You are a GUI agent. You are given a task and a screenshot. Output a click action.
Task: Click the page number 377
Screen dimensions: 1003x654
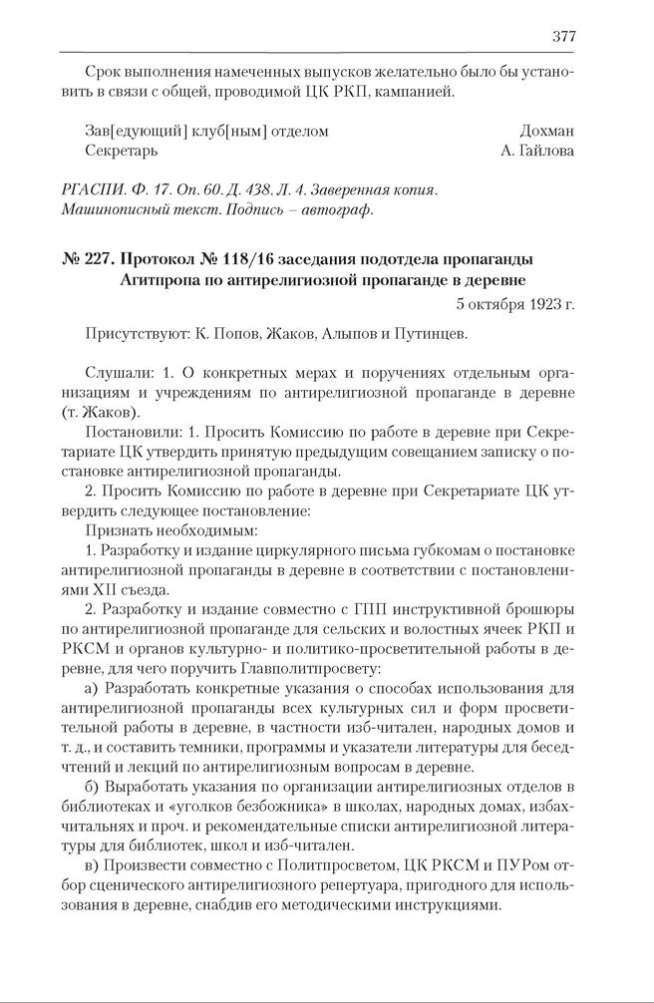[x=562, y=37]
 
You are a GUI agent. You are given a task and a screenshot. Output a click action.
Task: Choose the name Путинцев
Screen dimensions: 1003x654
[x=431, y=334]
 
